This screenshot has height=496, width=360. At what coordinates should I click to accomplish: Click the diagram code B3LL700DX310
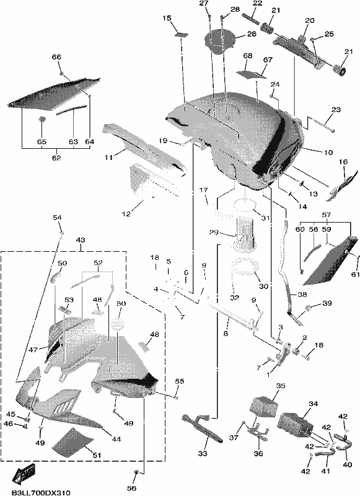[x=41, y=492]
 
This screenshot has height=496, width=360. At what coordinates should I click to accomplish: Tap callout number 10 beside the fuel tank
[x=328, y=153]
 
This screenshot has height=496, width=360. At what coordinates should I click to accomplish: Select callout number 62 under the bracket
[x=56, y=157]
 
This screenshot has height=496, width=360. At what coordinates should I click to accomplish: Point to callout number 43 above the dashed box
[x=81, y=240]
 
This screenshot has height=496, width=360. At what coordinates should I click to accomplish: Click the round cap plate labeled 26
[x=220, y=42]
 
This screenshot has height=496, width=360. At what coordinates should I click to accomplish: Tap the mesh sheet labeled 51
[x=72, y=442]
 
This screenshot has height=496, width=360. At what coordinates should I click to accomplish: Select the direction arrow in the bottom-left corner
[x=23, y=474]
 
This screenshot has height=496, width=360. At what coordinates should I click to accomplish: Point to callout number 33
[x=203, y=453]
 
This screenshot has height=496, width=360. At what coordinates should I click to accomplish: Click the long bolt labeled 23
[x=321, y=125]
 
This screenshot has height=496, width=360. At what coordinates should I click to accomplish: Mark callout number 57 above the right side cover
[x=327, y=215]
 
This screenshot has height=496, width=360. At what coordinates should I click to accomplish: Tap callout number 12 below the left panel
[x=126, y=214]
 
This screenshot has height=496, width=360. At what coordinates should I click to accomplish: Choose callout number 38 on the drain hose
[x=302, y=294]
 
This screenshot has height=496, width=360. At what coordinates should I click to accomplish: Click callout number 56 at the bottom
[x=131, y=488]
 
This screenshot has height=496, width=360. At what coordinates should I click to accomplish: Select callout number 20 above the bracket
[x=310, y=20]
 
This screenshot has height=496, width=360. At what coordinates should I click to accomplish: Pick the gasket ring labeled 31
[x=245, y=205]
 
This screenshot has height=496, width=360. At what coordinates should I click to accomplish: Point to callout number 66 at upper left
[x=56, y=57]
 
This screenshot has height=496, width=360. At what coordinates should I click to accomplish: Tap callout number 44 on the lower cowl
[x=116, y=439]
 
